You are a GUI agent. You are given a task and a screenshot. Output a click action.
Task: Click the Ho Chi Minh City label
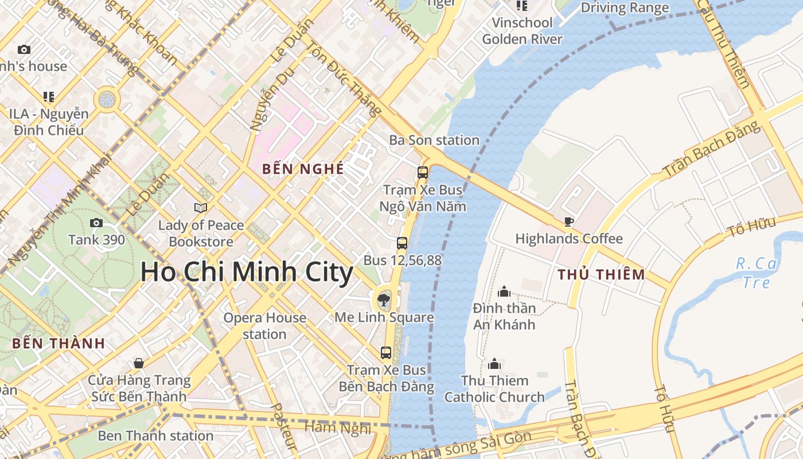coord(247,272)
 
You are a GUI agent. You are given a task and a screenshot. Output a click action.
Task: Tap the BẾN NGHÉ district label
coord(303,169)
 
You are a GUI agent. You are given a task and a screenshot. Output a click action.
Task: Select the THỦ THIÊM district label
coord(601,274)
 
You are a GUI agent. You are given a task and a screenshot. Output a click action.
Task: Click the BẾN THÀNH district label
coord(59,344)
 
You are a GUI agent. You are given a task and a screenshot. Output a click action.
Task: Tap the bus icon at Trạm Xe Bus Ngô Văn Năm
coord(423,172)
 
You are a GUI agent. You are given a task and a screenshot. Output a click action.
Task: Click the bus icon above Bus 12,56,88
coord(402,243)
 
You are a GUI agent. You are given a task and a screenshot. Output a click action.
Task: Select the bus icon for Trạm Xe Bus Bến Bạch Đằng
coord(386,352)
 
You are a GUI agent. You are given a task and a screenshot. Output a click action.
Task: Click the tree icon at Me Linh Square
coord(384,299)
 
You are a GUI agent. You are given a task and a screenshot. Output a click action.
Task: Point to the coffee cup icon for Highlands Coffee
coord(568,221)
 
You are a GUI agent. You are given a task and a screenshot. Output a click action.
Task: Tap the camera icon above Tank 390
coord(96,223)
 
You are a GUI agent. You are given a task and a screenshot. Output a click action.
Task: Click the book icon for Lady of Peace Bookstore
coord(201,208)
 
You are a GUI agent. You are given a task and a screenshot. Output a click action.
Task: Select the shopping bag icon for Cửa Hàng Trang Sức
coord(139,363)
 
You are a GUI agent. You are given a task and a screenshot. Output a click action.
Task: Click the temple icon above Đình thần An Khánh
coord(504,291)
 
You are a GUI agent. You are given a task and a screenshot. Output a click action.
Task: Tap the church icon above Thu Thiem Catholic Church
coord(494,364)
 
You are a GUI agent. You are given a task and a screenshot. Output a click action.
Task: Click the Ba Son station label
coord(434,140)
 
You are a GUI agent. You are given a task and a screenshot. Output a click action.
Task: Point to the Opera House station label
coord(264,326)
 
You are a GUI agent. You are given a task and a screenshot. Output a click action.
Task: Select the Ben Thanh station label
coord(155,435)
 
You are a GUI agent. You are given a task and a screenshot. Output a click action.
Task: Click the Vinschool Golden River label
coord(522,31)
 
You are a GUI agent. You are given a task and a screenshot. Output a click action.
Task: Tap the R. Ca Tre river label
coord(756,273)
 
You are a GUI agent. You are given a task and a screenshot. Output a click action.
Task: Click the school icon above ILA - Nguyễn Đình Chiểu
coord(49,97)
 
